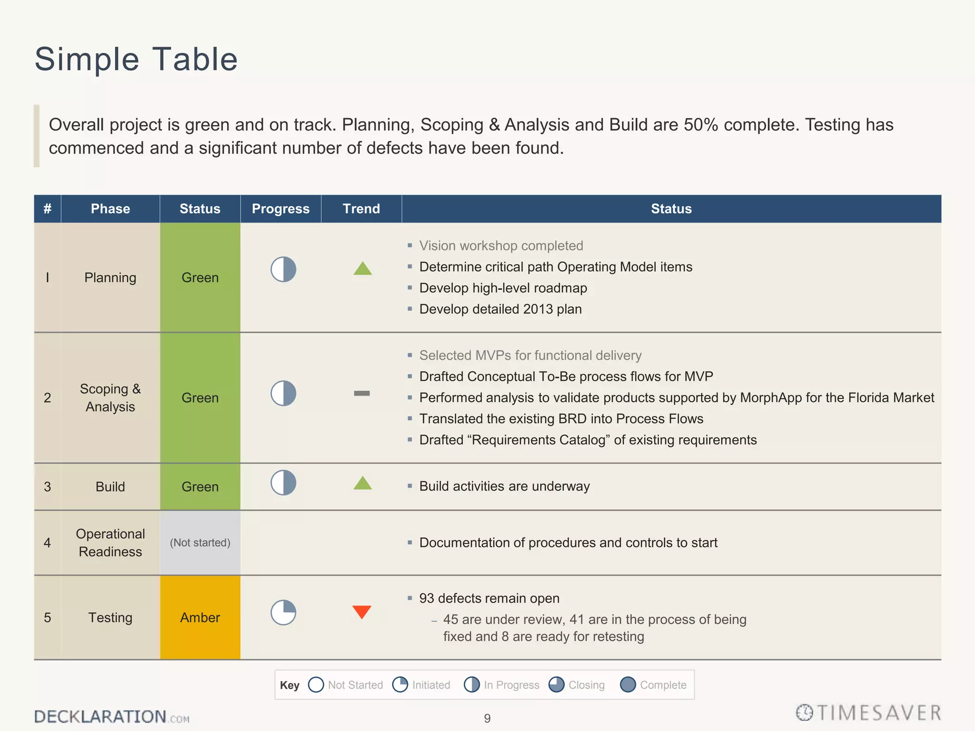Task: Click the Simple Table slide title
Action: [136, 59]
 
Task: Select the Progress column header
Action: [280, 209]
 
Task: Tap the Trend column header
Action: [361, 209]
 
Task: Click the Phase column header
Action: [110, 209]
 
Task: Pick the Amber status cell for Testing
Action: [200, 617]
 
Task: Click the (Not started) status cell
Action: [200, 543]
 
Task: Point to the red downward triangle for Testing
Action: [362, 611]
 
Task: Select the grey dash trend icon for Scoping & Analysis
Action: [362, 393]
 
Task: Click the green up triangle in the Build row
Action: [363, 484]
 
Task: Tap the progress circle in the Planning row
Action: [283, 269]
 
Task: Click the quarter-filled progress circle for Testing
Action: [283, 612]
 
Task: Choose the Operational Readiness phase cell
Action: [110, 543]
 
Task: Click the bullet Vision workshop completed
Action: [501, 246]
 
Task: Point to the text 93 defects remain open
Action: [489, 598]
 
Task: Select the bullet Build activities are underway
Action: [504, 486]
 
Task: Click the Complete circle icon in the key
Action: [628, 685]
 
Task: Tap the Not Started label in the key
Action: [355, 685]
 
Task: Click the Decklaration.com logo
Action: [111, 716]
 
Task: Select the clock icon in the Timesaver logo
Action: [805, 712]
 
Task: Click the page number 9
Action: [487, 718]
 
